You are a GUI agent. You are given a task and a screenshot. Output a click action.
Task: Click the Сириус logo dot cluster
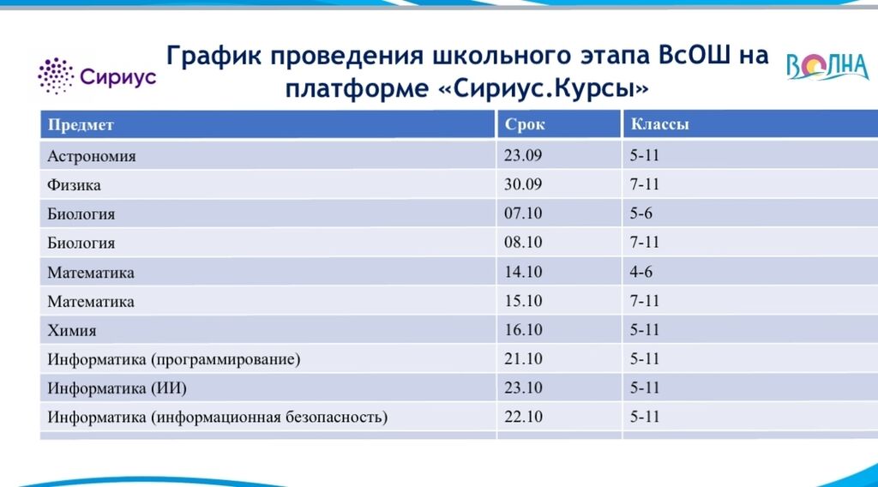pos(56,75)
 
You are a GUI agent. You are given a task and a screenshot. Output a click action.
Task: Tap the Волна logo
pos(827,67)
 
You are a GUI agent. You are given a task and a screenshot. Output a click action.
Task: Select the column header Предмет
pos(81,125)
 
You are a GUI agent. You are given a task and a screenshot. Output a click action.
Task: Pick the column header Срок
pos(525,125)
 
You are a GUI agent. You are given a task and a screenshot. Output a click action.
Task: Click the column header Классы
pos(659,123)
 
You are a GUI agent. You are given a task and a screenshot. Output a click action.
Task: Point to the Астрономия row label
pos(91,155)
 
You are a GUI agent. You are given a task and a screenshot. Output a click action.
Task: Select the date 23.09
pos(523,155)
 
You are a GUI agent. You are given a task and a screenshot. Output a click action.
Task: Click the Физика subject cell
pos(74,184)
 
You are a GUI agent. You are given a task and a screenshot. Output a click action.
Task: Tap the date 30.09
pos(523,184)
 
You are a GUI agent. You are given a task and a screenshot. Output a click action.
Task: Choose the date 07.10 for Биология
pos(523,213)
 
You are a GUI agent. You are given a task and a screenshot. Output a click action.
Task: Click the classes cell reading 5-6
pos(641,213)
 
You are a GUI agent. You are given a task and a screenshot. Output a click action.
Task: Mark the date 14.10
pos(523,272)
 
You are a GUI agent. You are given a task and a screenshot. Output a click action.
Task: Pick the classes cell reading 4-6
pos(641,272)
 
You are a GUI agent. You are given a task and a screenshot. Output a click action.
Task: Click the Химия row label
pos(72,330)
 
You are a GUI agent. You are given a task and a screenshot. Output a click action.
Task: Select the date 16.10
pos(523,330)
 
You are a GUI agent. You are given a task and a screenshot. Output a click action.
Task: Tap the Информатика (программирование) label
pos(173,359)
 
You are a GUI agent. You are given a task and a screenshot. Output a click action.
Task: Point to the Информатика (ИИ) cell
pos(117,388)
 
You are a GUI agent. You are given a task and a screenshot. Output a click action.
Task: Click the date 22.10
pos(523,417)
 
